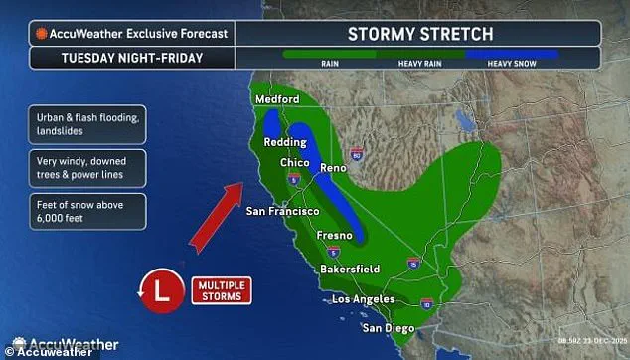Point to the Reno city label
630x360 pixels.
coord(334,169)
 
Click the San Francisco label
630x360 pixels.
coord(282,212)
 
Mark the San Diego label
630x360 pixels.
coord(388,328)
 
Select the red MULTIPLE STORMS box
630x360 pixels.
coord(220,291)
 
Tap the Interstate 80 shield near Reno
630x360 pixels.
coord(356,155)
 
